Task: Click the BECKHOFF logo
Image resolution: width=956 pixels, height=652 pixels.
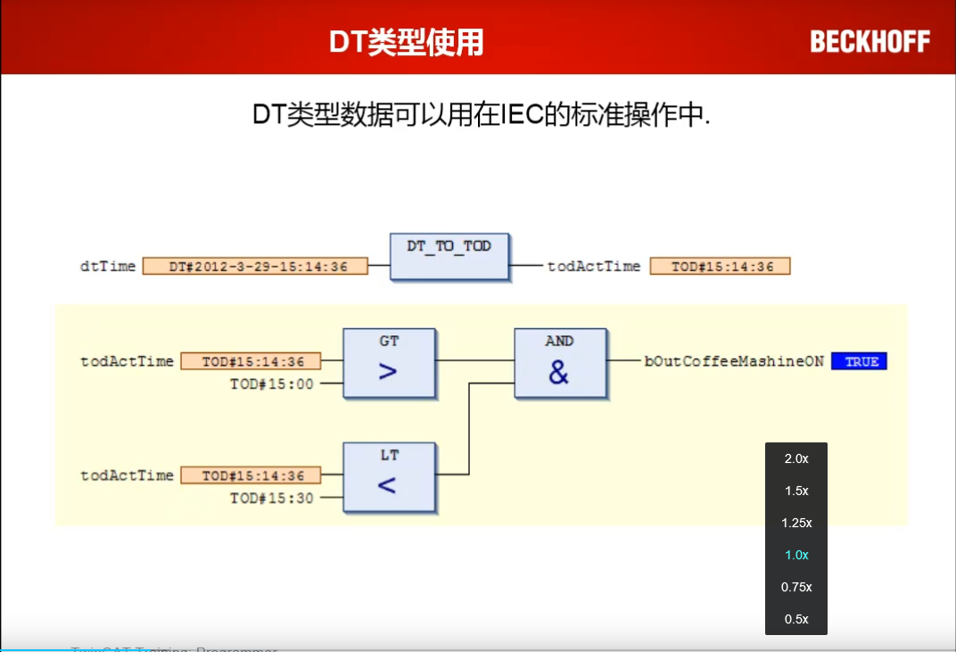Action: click(x=869, y=41)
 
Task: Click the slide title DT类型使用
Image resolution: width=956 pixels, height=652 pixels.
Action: click(x=407, y=42)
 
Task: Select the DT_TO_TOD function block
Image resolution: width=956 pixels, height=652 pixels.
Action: click(x=449, y=258)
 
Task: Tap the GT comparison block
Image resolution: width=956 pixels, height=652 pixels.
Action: click(x=389, y=362)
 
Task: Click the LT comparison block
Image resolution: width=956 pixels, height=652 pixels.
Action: click(x=389, y=477)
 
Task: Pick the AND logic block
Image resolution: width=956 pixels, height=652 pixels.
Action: click(x=559, y=362)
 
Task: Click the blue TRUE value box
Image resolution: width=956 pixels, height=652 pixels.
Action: click(x=859, y=361)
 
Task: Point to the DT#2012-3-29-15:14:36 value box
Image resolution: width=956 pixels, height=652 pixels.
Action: click(x=255, y=266)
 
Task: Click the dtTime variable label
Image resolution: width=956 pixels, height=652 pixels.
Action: click(x=108, y=266)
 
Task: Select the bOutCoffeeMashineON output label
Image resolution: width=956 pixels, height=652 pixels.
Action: click(x=734, y=361)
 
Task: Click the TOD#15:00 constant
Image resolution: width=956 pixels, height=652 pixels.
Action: click(x=272, y=384)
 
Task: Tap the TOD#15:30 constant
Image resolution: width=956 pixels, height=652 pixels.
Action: click(x=272, y=498)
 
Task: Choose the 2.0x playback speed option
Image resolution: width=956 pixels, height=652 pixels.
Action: click(x=796, y=458)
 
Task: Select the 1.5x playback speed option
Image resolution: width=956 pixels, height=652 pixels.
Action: click(x=796, y=491)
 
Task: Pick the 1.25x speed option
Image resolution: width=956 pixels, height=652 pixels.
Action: click(x=796, y=523)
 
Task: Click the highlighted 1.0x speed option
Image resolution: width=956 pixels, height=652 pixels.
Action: click(x=796, y=555)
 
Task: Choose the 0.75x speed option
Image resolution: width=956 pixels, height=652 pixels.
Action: click(x=796, y=587)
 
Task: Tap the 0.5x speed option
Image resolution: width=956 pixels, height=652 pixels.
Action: click(x=796, y=619)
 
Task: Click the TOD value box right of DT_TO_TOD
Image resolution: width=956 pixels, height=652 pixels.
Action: click(x=720, y=266)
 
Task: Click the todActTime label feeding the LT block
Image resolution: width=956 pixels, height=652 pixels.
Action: click(x=128, y=475)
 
